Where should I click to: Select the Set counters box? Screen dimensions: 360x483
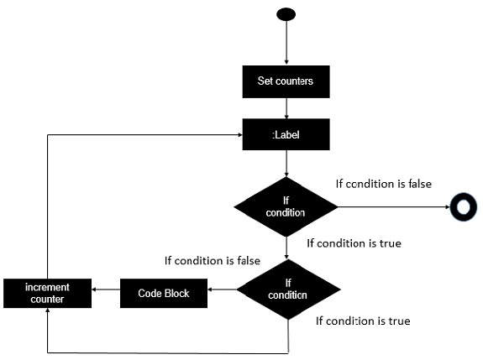(287, 82)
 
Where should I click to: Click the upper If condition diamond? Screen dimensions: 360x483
(287, 206)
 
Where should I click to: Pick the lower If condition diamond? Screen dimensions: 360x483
(288, 290)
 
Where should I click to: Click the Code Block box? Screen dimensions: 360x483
(164, 293)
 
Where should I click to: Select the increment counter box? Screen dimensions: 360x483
(47, 292)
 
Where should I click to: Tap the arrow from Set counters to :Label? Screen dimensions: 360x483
(287, 107)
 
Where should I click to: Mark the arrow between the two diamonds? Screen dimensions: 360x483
(287, 247)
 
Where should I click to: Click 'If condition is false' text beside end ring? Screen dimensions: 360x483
(383, 183)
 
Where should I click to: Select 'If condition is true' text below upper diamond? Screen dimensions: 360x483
(353, 243)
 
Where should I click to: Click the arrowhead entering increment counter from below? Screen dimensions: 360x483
(48, 312)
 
